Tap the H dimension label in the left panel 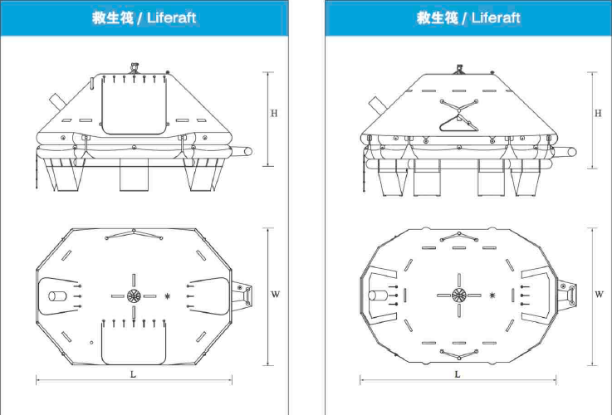(274, 114)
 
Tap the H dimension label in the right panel (597, 114)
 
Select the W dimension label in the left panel (275, 295)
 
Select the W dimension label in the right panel (598, 294)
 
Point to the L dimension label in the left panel (134, 374)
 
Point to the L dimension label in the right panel (457, 374)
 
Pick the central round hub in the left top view (134, 295)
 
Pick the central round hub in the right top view (458, 295)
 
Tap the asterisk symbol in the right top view (492, 295)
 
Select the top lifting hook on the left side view (135, 63)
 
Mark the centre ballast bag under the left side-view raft (134, 175)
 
